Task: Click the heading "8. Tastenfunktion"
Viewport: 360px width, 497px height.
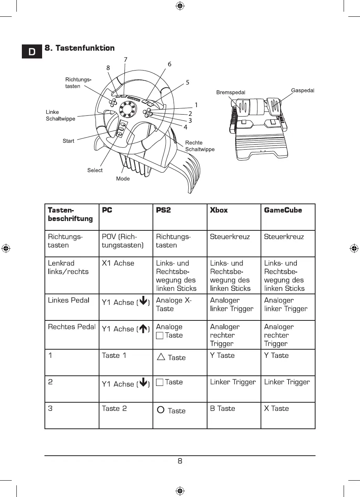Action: (80, 48)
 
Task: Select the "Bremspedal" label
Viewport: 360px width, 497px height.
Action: (231, 93)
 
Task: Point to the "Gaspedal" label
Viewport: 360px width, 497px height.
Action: (303, 90)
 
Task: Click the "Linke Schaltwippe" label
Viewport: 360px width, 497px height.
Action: (60, 115)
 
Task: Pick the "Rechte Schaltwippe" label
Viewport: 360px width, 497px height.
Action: (200, 146)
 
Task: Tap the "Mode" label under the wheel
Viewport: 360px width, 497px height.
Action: (123, 179)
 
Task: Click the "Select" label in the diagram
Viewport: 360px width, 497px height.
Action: (95, 170)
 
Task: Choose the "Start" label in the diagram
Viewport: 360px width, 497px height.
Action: (68, 141)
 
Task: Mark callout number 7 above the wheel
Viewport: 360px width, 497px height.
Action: (126, 59)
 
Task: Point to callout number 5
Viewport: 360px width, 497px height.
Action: (188, 82)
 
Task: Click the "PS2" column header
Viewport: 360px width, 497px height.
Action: (163, 210)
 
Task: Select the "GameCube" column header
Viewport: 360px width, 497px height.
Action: (283, 210)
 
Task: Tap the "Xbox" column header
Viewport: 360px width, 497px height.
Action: (219, 210)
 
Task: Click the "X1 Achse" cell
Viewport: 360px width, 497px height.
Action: (118, 263)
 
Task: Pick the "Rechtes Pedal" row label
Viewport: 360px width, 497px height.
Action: (72, 327)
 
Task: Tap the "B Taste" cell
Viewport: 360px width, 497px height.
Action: (222, 409)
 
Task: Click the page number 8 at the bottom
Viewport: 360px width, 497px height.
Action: (180, 462)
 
